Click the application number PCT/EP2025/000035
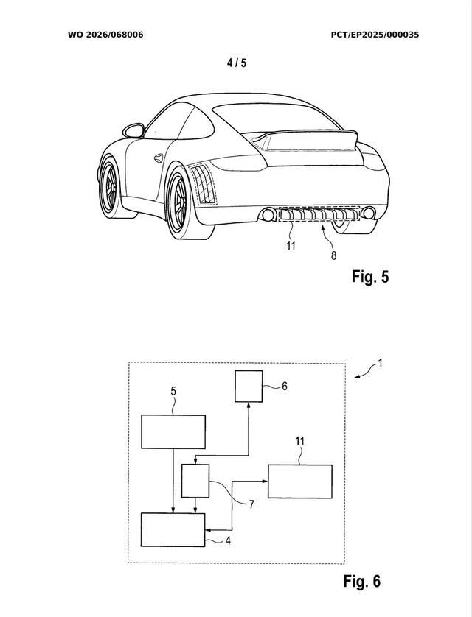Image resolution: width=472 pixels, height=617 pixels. (375, 35)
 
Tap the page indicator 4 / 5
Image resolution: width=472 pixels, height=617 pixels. (237, 63)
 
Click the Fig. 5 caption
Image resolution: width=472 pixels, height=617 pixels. (369, 277)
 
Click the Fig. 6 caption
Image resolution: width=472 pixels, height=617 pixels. (361, 581)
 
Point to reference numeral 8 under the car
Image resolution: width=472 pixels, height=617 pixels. (333, 255)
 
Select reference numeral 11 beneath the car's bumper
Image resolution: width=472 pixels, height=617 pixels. (291, 246)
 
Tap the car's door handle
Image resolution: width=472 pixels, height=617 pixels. (159, 157)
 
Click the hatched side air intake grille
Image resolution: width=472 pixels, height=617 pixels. (202, 185)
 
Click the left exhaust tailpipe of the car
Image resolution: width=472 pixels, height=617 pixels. (265, 215)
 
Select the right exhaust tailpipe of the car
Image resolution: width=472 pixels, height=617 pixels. (368, 214)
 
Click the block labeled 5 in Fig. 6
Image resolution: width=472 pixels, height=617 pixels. (173, 431)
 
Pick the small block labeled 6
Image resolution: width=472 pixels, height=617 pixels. (249, 387)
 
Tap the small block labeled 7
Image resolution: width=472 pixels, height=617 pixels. (195, 480)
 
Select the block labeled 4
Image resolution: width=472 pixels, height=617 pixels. (173, 530)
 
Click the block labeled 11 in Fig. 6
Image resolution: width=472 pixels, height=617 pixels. (299, 482)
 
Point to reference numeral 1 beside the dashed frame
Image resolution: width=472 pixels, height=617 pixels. (381, 362)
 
